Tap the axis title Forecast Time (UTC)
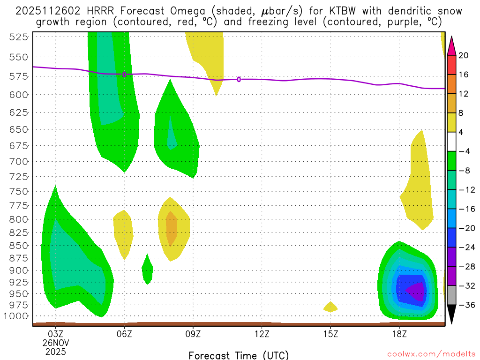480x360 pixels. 239,355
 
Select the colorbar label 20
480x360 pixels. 464,55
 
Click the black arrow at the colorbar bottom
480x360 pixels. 452,315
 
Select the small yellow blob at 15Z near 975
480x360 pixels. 330,307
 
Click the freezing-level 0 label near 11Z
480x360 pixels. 239,80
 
